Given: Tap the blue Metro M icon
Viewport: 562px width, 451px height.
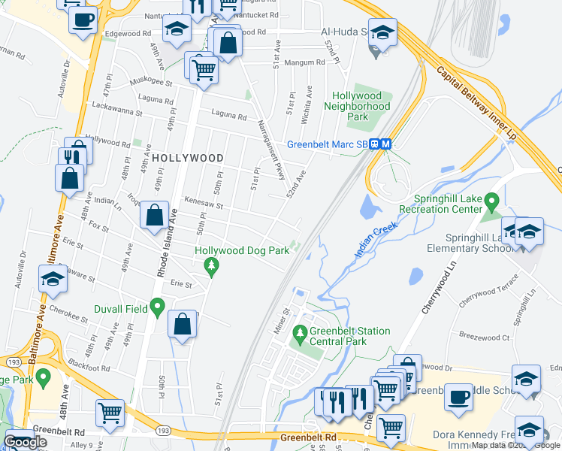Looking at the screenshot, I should pyautogui.click(x=385, y=144).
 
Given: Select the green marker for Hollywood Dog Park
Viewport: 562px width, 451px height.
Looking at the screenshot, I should pyautogui.click(x=212, y=265).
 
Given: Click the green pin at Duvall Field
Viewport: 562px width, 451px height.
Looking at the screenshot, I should pyautogui.click(x=157, y=307).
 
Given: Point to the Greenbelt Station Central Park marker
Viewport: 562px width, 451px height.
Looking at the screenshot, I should pyautogui.click(x=301, y=331).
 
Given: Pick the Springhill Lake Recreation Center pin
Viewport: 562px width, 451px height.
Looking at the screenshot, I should pyautogui.click(x=492, y=201).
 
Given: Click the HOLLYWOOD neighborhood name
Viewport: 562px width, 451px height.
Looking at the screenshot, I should pyautogui.click(x=187, y=158).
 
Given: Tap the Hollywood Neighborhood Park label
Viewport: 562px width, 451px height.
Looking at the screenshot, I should pyautogui.click(x=362, y=107).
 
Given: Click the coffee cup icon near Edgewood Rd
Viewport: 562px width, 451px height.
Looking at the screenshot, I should pyautogui.click(x=83, y=19).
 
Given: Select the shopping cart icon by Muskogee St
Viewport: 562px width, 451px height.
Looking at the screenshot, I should pyautogui.click(x=204, y=69).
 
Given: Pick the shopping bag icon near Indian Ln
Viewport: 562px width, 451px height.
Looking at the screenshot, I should pyautogui.click(x=154, y=215).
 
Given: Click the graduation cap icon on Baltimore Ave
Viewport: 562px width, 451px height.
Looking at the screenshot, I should pyautogui.click(x=53, y=279).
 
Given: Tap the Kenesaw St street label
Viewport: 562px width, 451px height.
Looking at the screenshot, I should pyautogui.click(x=205, y=204).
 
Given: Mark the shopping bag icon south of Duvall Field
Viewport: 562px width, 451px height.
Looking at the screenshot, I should pyautogui.click(x=183, y=324).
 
